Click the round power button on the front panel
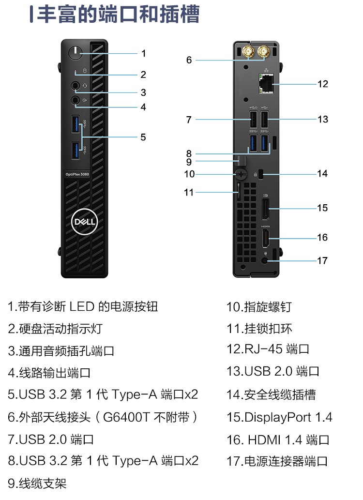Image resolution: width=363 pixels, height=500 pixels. (76, 52)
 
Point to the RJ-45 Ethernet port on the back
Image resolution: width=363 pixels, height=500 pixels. (265, 84)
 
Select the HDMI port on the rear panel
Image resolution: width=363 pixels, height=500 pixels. (266, 239)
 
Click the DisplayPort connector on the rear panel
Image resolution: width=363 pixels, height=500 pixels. (266, 208)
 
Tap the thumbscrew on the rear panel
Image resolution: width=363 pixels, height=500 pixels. (242, 174)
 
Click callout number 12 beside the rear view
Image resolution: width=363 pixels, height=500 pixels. (322, 84)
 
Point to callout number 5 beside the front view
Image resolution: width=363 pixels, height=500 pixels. (143, 137)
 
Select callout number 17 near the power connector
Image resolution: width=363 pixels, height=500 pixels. (322, 260)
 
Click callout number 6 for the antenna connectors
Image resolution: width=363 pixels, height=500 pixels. (189, 60)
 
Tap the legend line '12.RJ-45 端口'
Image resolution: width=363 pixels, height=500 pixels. (268, 349)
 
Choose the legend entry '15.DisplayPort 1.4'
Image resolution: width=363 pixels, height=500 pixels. (279, 417)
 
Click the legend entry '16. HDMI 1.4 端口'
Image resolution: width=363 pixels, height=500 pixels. (278, 439)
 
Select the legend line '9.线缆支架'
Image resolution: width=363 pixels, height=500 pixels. (37, 483)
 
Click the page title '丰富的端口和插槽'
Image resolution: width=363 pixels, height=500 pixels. (119, 15)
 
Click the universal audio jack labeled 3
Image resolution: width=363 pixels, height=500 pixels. (76, 86)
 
